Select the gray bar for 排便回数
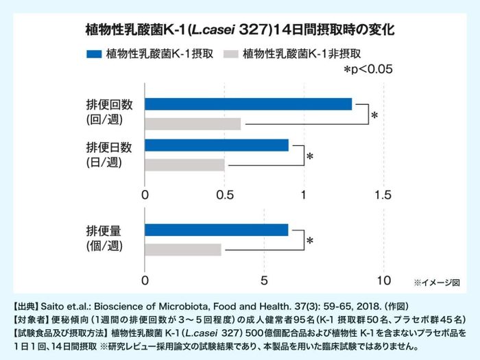[x=193, y=124]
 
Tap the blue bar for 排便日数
[x=217, y=145]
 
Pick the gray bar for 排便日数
[x=184, y=165]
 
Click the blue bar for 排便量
[x=217, y=230]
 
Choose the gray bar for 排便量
[x=183, y=250]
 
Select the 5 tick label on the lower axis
[x=264, y=280]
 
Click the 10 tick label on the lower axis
[x=383, y=280]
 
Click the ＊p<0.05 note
[x=368, y=69]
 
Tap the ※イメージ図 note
[x=436, y=283]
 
